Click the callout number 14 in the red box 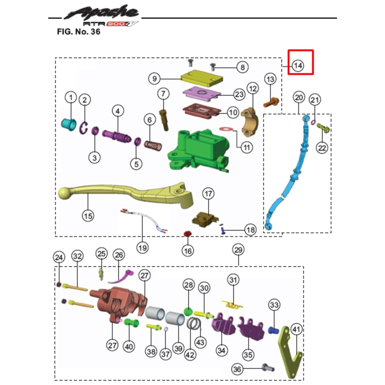tap(298, 65)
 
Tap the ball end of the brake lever tap(64, 193)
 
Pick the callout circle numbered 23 tap(239, 94)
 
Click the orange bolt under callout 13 tap(271, 102)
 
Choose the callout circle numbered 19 tap(142, 248)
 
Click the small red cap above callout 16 tap(188, 234)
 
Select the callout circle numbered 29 tap(238, 250)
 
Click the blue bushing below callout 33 tap(273, 330)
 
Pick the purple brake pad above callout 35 tap(251, 330)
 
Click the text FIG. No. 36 tap(79, 32)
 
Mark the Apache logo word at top tap(101, 12)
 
